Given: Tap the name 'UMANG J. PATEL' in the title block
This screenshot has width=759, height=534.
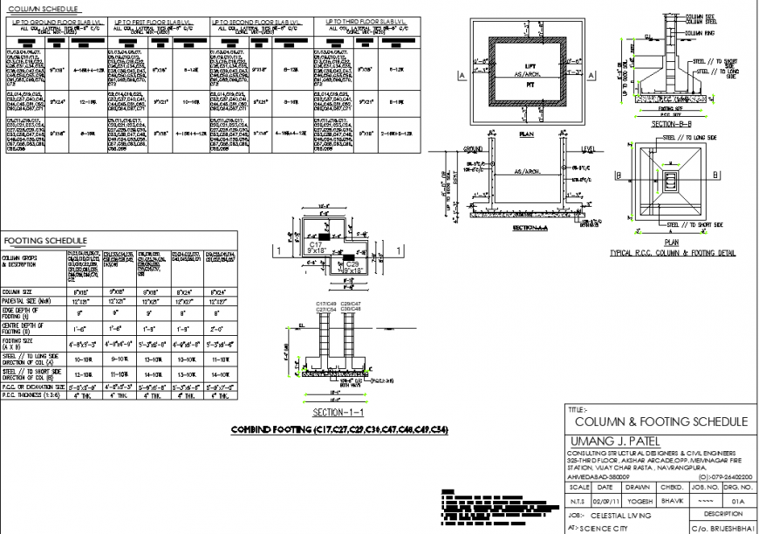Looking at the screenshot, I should [614, 441].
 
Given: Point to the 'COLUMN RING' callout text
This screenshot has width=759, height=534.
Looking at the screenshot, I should [699, 32].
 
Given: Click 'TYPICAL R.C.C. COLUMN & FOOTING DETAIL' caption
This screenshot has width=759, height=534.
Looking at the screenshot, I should [672, 254].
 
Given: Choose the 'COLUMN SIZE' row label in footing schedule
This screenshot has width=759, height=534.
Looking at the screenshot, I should [19, 291].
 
